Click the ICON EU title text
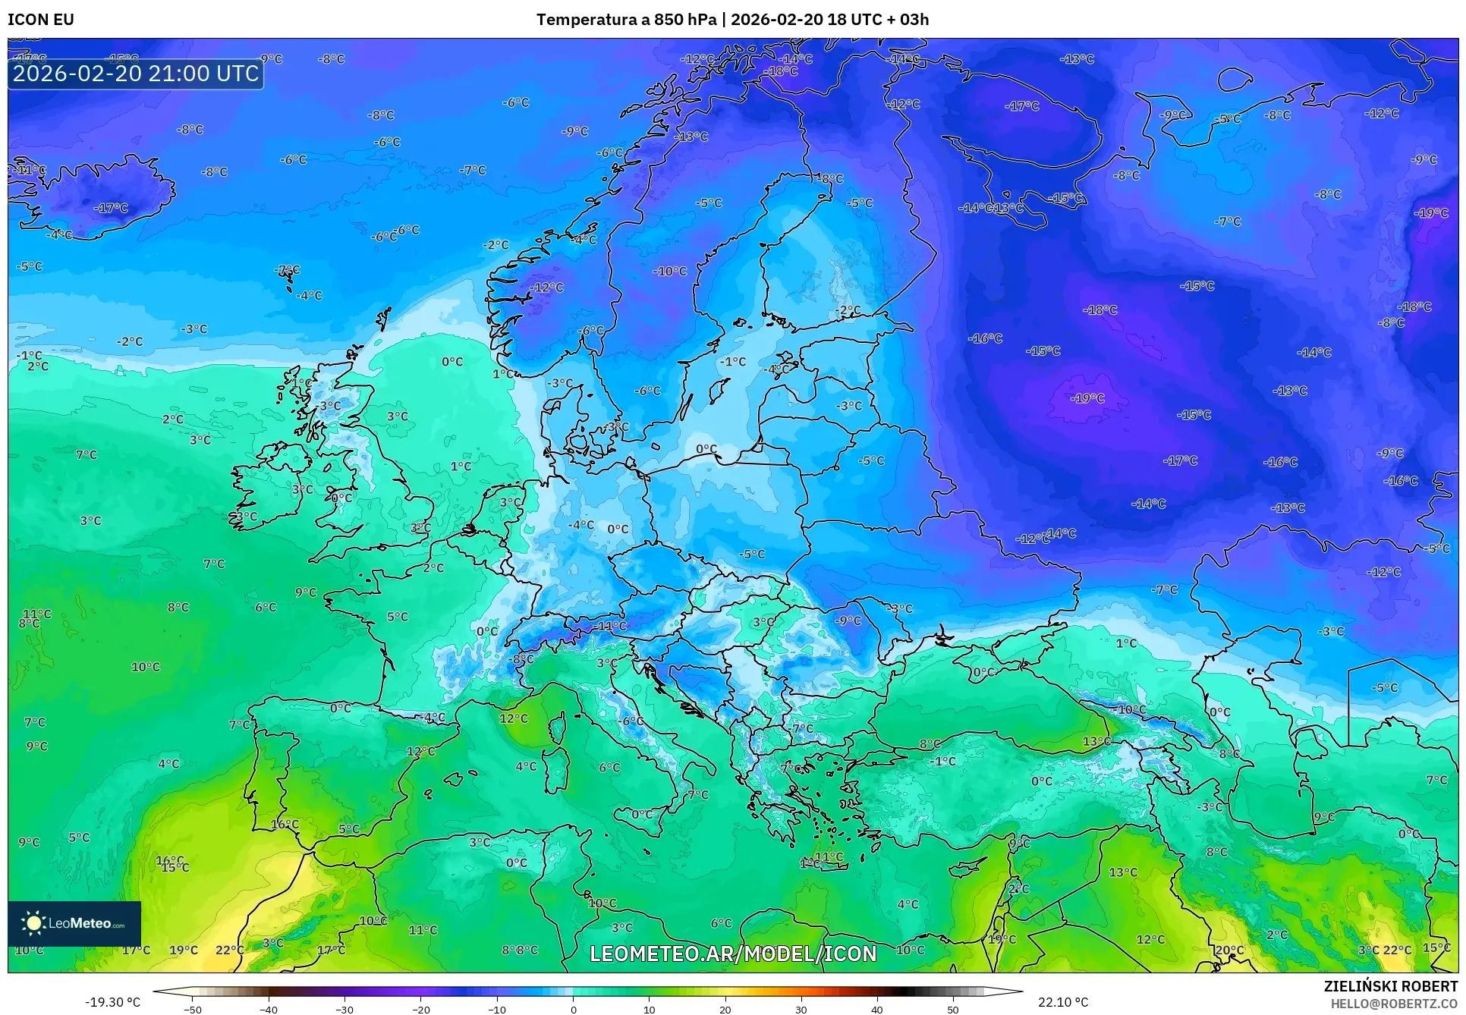pos(41,20)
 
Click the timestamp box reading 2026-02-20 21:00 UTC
pos(136,74)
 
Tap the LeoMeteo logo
pos(74,923)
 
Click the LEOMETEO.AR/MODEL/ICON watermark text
pos(733,954)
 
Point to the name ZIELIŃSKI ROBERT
pos(1390,986)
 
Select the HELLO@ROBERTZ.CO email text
pos(1393,1004)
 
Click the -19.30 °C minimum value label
pos(112,1002)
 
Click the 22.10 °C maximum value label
pos(1063,1002)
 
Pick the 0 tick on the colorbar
pos(573,1009)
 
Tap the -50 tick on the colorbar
pos(193,1009)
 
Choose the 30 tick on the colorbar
pos(801,1009)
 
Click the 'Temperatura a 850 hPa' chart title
pos(626,20)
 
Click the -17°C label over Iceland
pos(111,208)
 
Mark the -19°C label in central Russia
pos(1087,398)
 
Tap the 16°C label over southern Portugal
pos(285,824)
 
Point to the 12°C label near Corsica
pos(514,718)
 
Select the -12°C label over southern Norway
pos(546,288)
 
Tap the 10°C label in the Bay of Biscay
pos(146,667)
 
